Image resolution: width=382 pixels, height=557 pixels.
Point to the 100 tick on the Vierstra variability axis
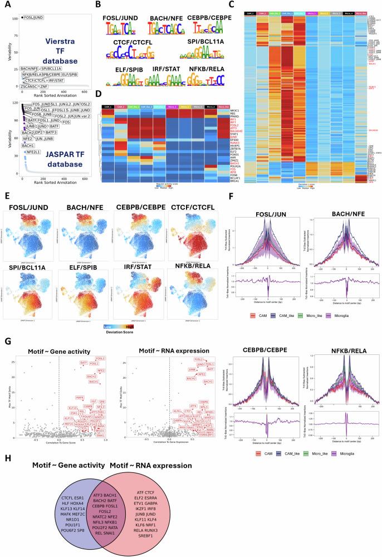16,18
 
